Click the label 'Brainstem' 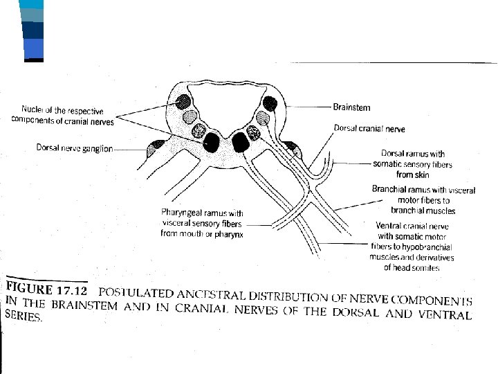(x=351, y=107)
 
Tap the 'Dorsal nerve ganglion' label (x=74, y=148)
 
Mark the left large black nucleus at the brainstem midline (x=210, y=142)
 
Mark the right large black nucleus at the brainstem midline (x=241, y=142)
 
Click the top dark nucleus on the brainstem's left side (x=184, y=102)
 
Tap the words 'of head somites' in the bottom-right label (x=412, y=267)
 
